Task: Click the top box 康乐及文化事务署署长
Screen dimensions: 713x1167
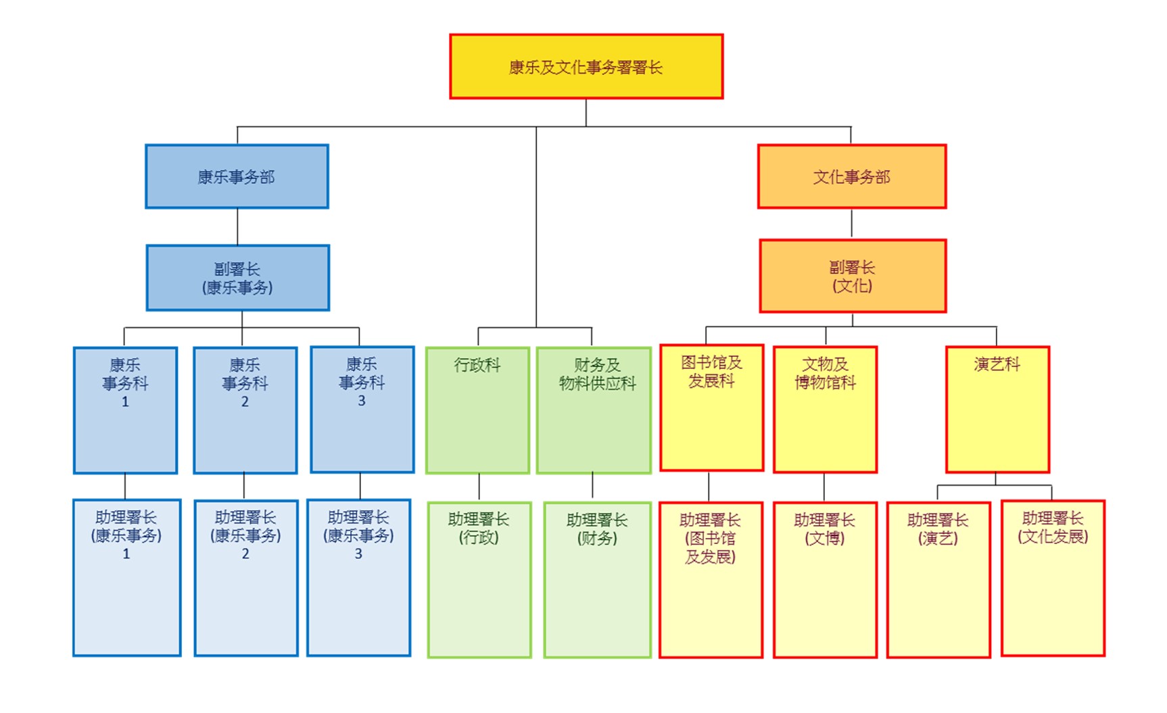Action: (x=586, y=67)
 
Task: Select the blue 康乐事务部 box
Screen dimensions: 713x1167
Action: (x=237, y=176)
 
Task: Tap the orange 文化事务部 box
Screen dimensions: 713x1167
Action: (x=852, y=176)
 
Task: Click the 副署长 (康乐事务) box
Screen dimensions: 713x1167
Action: (x=237, y=278)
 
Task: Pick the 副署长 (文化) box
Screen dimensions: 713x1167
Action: (x=853, y=276)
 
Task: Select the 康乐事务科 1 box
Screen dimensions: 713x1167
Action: (x=125, y=410)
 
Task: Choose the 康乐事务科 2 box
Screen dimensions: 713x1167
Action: (x=245, y=410)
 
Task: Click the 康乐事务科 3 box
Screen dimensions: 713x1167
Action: (x=362, y=410)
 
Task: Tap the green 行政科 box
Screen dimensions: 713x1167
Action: (x=477, y=410)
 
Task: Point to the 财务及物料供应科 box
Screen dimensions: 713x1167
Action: (x=594, y=410)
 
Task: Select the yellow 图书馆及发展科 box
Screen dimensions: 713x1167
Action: (x=711, y=408)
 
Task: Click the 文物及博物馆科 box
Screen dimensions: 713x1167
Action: (x=825, y=409)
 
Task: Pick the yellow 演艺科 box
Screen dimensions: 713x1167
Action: (x=997, y=409)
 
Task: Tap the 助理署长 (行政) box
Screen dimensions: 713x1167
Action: (x=479, y=579)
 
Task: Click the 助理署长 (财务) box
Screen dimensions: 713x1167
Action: (x=597, y=579)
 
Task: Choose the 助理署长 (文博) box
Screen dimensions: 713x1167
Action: (x=825, y=579)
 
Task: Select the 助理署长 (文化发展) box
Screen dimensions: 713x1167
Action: (x=1053, y=578)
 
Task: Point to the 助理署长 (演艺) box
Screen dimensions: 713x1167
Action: (x=938, y=579)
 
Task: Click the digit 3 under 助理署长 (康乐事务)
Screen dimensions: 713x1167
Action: (x=358, y=554)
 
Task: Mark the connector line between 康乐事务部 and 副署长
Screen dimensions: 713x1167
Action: (x=237, y=226)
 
